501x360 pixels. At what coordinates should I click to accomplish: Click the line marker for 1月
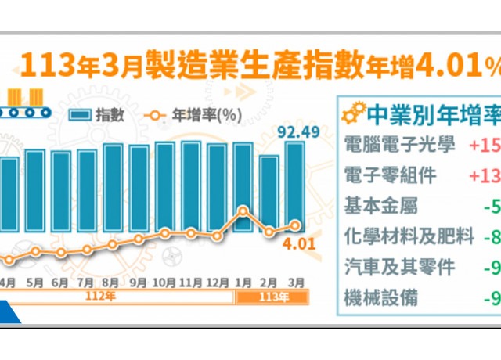tap(243, 210)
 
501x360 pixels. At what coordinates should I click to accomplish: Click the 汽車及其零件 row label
tap(400, 267)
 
